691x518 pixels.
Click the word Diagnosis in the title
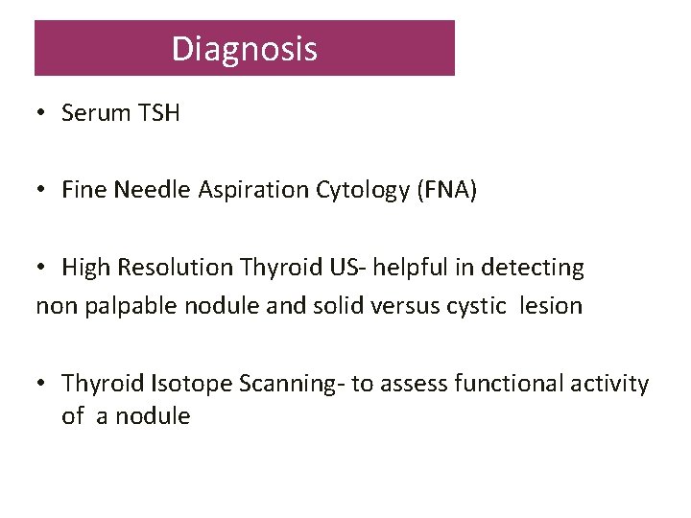(x=244, y=49)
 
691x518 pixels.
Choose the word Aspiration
(x=253, y=191)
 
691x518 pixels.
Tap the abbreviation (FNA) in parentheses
(x=446, y=191)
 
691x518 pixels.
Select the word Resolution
(x=183, y=268)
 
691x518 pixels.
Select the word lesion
(x=551, y=307)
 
